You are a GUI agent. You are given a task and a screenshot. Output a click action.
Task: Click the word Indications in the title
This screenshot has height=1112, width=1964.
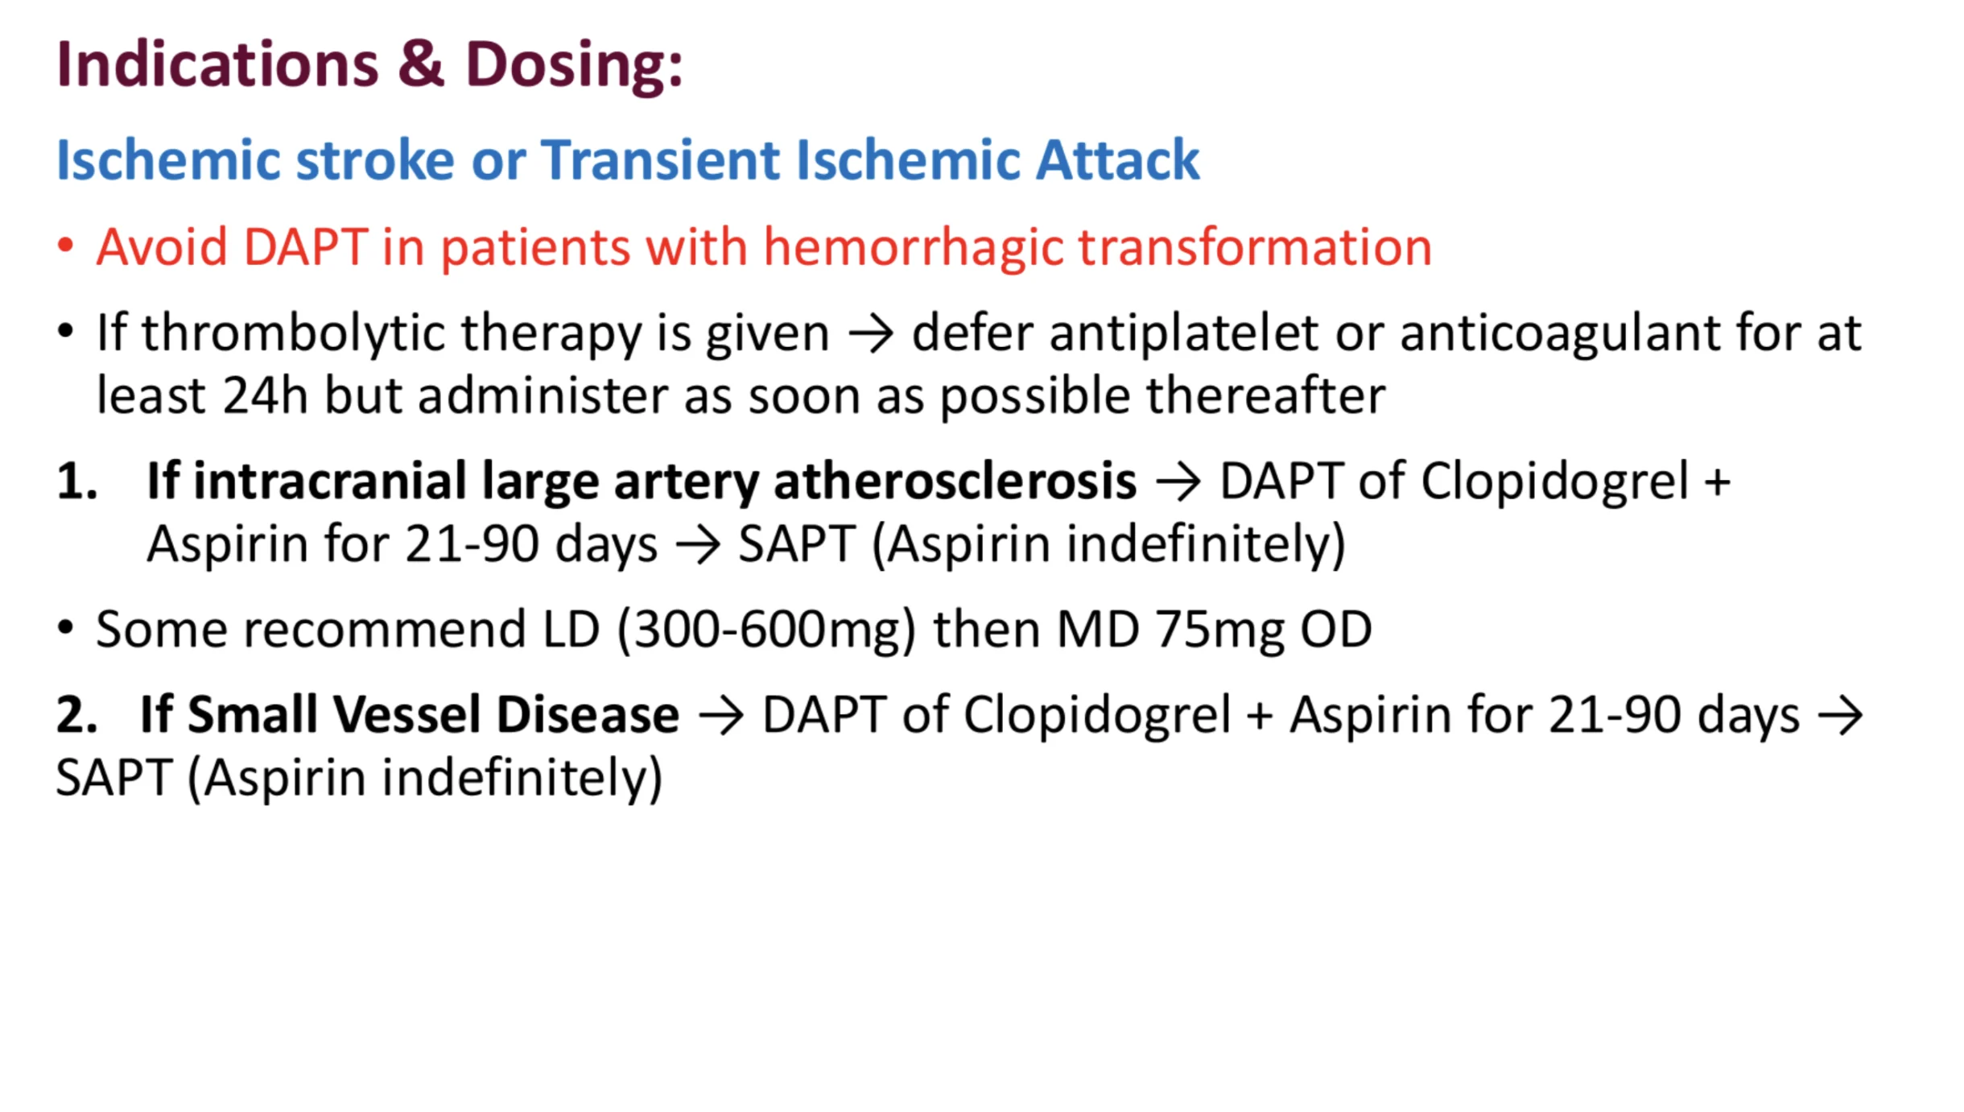coord(217,64)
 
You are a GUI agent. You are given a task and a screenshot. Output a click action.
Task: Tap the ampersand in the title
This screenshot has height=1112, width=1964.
coord(421,64)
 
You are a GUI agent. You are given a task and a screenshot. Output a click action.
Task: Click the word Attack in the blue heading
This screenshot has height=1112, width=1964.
coord(1117,159)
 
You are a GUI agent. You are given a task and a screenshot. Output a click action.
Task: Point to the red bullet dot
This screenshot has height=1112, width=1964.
coord(66,245)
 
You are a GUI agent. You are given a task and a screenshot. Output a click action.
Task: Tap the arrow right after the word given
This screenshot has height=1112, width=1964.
coord(870,333)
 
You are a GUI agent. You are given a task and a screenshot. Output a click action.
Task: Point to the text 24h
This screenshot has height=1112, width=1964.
coord(266,395)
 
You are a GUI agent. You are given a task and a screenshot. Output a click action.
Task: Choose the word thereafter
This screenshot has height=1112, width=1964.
coord(1265,395)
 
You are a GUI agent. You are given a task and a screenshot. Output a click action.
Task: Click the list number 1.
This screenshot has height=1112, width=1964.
coord(77,481)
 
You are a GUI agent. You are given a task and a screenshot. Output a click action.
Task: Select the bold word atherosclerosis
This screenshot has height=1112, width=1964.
coord(955,481)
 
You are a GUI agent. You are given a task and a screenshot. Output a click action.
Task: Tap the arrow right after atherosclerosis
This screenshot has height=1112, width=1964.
coord(1178,482)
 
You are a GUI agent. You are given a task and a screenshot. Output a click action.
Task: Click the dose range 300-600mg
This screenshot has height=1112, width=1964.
coord(767,629)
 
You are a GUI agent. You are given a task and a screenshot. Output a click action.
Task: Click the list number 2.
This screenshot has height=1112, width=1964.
coord(77,714)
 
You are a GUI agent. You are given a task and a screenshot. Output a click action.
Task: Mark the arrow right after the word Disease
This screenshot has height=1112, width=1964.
coord(720,715)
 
